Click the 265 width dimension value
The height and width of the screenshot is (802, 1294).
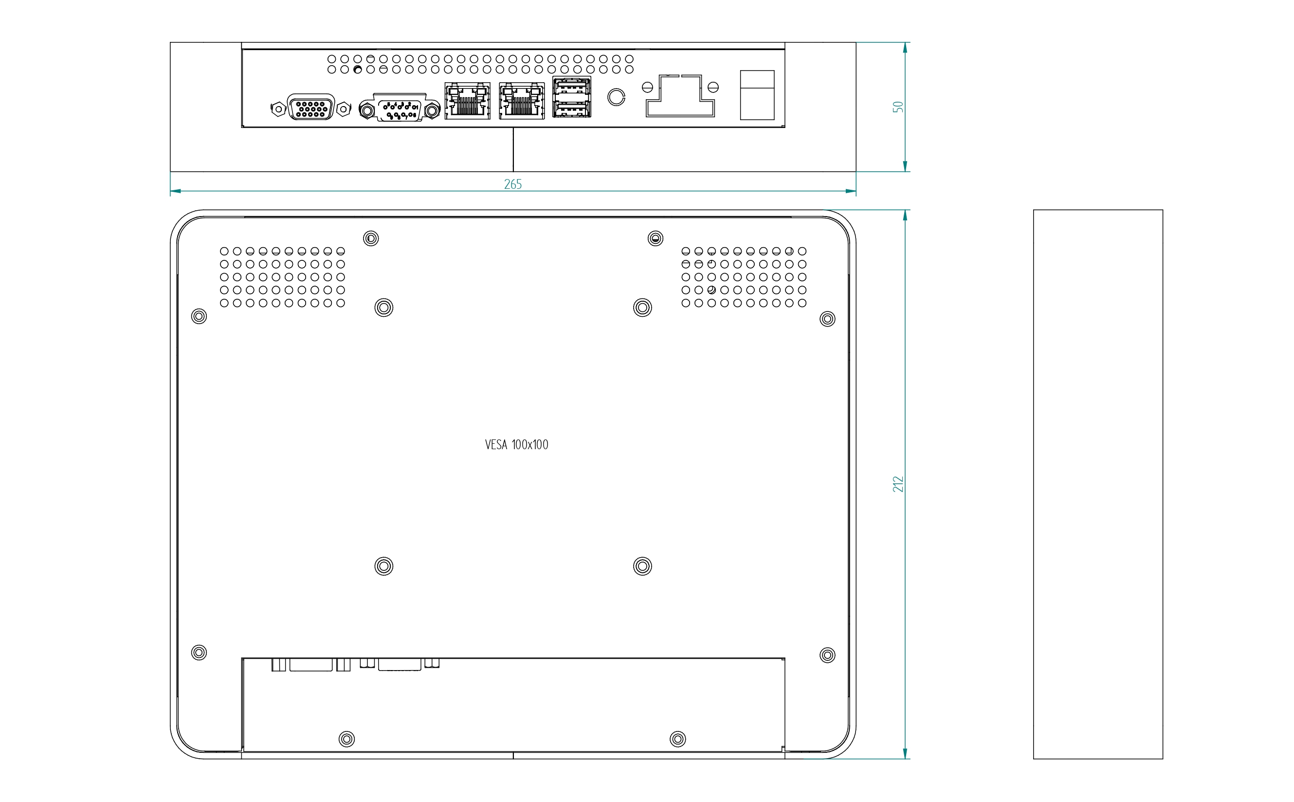click(x=512, y=184)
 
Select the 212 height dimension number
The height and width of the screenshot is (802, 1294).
click(x=897, y=484)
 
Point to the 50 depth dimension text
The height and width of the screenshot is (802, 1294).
click(x=897, y=107)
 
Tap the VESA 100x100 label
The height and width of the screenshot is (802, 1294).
click(x=516, y=444)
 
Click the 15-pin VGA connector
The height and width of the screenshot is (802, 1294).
click(x=311, y=108)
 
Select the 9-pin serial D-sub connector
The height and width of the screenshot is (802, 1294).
click(x=400, y=110)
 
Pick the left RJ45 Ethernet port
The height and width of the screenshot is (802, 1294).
click(x=467, y=101)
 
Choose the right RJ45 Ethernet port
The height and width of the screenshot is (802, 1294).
click(x=521, y=101)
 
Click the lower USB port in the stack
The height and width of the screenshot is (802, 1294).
click(x=572, y=108)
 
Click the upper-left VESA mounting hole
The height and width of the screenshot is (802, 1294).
click(x=383, y=308)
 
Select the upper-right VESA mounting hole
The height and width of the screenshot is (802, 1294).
click(x=642, y=308)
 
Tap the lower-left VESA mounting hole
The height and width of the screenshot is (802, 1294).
click(x=383, y=566)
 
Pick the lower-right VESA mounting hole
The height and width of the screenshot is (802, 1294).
click(x=642, y=566)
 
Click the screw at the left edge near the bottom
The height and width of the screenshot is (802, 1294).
click(x=199, y=652)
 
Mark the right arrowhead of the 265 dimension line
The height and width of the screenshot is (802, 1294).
click(x=851, y=191)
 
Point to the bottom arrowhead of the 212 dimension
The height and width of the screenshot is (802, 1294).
click(x=905, y=753)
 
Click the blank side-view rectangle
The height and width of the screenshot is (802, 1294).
click(x=1098, y=484)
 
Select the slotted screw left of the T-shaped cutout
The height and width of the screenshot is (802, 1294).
click(x=647, y=88)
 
